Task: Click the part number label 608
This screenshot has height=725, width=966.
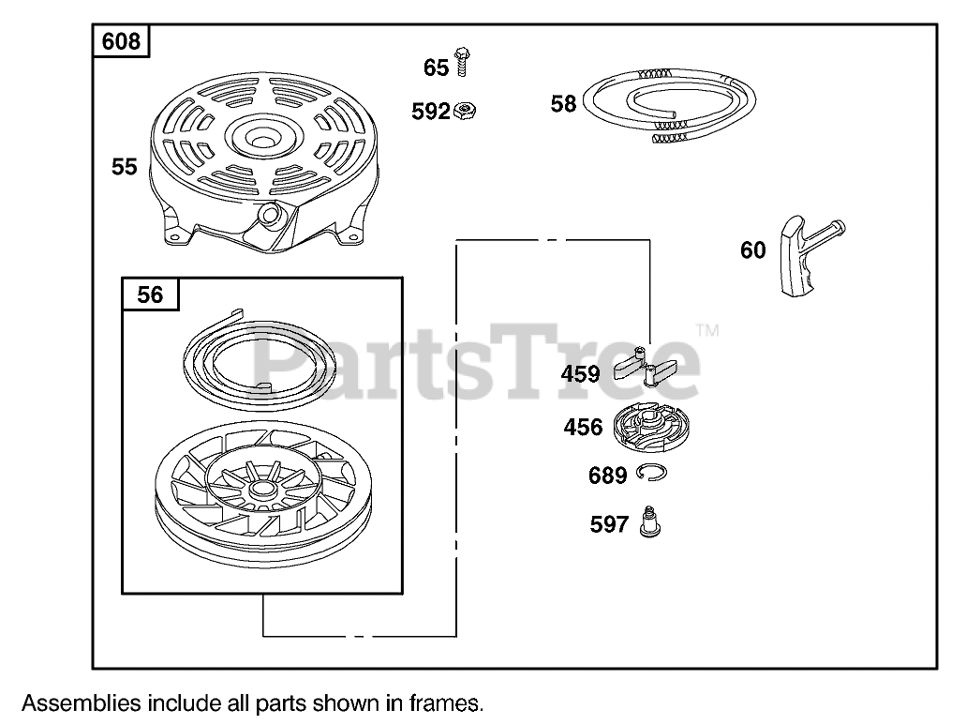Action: (x=121, y=41)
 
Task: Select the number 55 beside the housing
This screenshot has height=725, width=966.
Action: (x=124, y=167)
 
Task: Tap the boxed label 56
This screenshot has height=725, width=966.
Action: (x=150, y=295)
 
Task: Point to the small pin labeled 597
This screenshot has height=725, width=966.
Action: (x=646, y=521)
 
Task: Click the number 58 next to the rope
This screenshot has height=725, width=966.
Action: (x=563, y=104)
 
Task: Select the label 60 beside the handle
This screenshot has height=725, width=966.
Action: (x=752, y=250)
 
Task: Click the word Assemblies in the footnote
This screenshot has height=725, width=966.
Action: (x=82, y=702)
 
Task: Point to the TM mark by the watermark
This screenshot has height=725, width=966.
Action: (x=707, y=331)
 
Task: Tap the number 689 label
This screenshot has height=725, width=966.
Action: (x=607, y=476)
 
